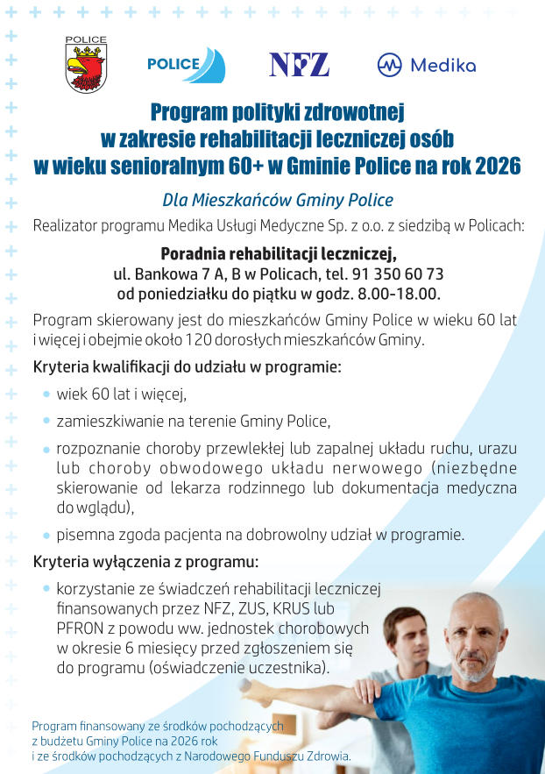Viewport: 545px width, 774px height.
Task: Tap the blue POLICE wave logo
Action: point(186,65)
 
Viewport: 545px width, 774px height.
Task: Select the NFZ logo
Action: point(299,64)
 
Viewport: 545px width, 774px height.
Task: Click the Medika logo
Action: point(426,65)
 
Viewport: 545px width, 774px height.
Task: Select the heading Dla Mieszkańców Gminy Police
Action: point(278,200)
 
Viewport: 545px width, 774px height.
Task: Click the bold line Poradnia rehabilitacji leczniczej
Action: point(279,253)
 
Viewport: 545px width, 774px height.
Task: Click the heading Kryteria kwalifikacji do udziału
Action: point(187,366)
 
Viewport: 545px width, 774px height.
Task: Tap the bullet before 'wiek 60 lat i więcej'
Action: point(46,394)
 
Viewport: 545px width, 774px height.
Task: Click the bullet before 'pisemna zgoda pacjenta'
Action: point(46,534)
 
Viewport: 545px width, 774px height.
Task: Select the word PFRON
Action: point(80,628)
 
